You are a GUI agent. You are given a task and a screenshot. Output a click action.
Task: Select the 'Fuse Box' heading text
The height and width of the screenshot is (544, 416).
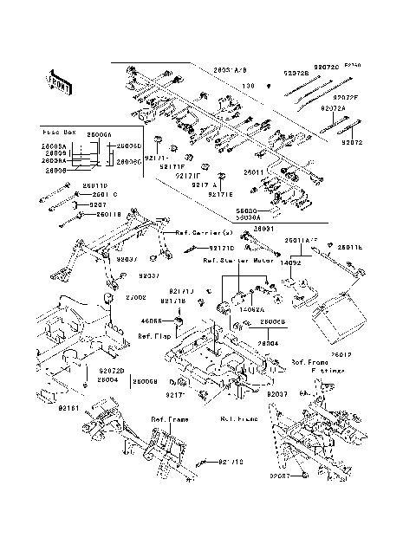coord(58,133)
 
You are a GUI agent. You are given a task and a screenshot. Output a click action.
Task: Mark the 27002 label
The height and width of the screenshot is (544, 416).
coord(136,297)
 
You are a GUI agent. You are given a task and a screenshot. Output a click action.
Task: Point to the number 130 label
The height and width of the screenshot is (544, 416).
coord(247,85)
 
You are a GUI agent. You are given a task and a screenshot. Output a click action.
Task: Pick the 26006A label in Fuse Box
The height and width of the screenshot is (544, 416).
coord(101,136)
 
